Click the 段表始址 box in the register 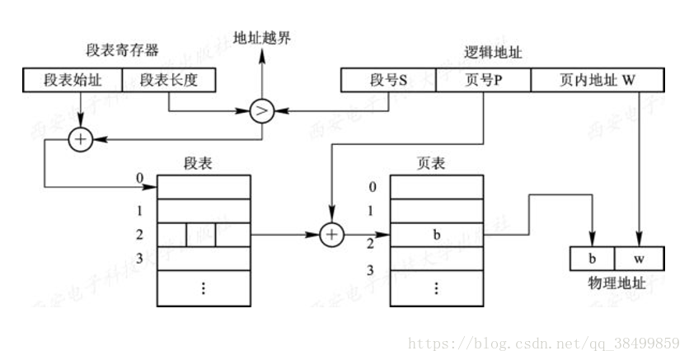(73, 80)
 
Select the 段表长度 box (170, 80)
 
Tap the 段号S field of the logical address (387, 80)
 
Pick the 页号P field (482, 80)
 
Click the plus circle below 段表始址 (81, 141)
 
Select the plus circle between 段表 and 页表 (331, 235)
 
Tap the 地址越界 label (262, 37)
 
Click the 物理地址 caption (615, 282)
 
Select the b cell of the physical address (592, 257)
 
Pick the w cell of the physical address (638, 257)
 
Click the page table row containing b (436, 235)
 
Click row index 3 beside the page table (373, 270)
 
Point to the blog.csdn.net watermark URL (544, 341)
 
